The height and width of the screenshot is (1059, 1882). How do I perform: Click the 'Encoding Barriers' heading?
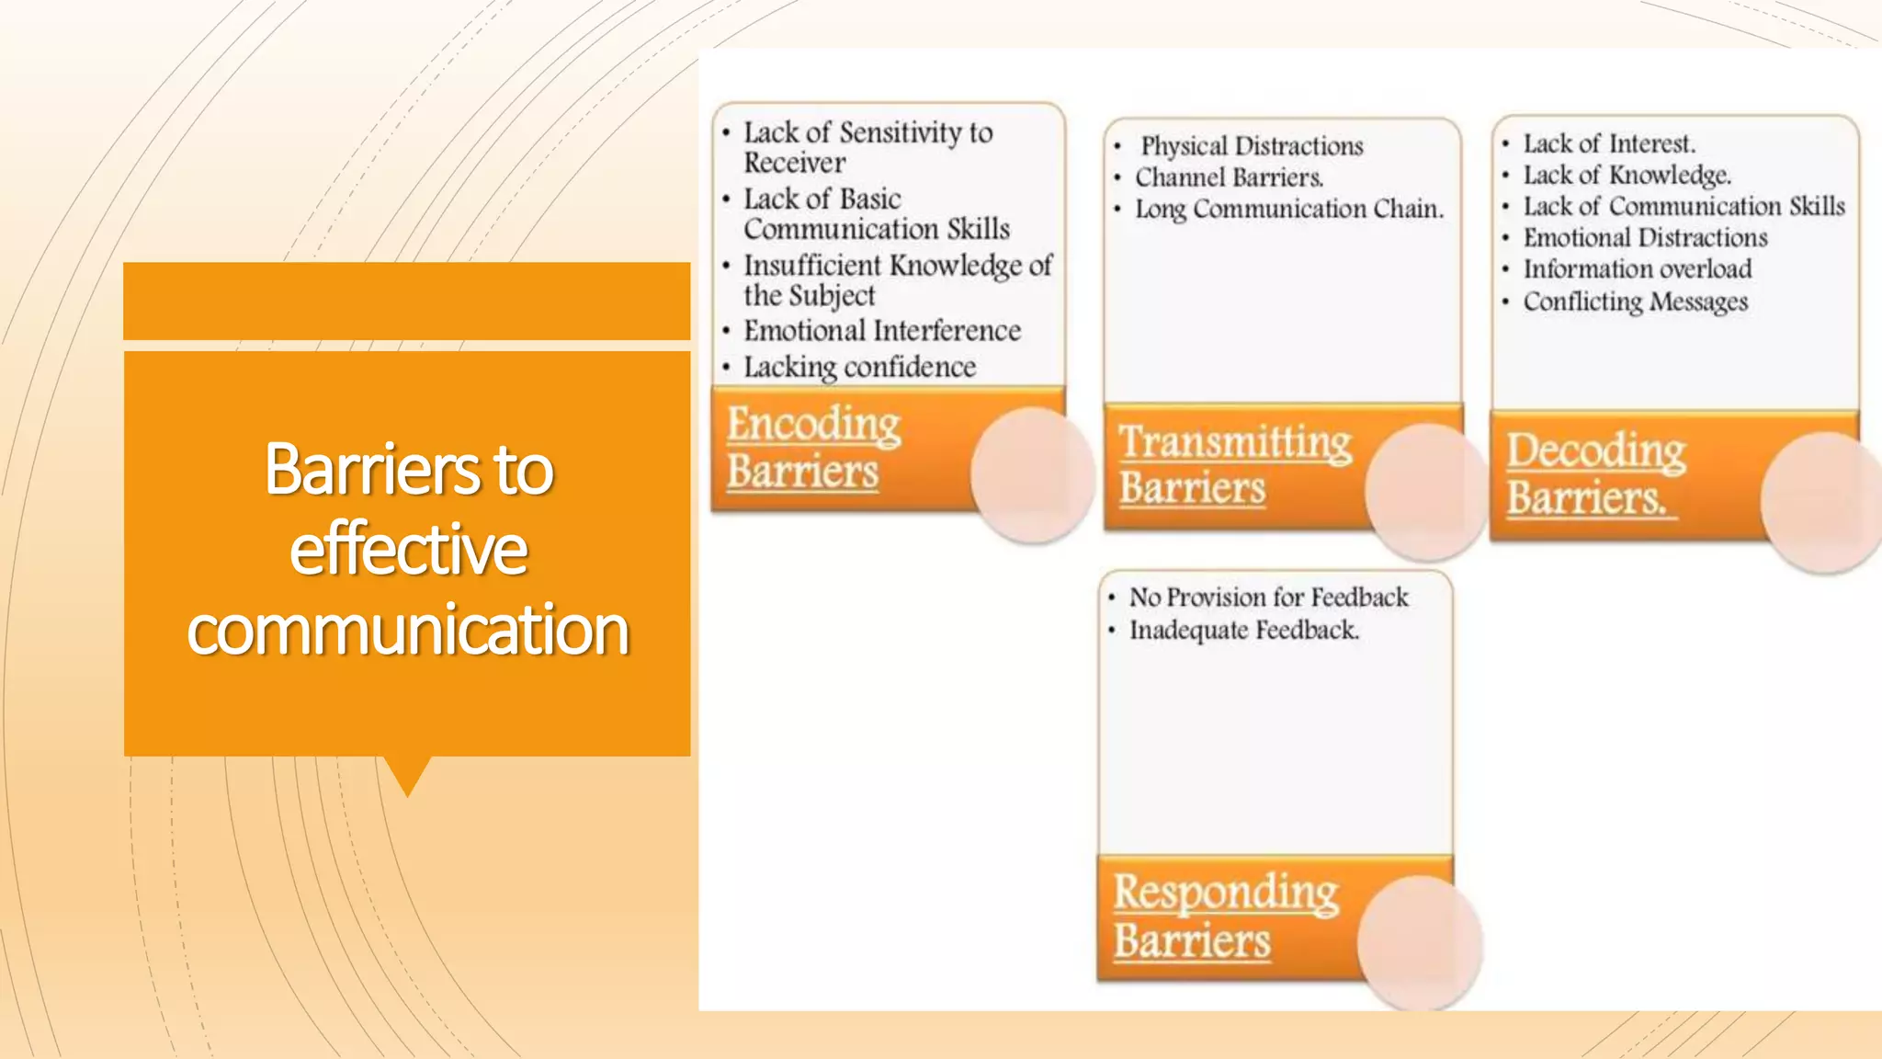813,448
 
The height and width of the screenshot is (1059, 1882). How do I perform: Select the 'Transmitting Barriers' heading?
1234,465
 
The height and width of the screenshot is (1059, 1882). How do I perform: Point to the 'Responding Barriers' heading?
1226,917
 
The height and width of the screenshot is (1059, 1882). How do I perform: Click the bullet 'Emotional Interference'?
881,331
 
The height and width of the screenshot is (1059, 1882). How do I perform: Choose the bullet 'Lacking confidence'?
859,367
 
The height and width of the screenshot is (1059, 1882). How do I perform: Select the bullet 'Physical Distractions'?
1251,146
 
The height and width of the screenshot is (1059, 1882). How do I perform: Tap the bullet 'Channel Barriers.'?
1229,177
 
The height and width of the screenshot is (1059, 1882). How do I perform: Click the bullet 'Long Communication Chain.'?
1288,210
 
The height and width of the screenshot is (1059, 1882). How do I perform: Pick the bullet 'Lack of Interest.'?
1609,144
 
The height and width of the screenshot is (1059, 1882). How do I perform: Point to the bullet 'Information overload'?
1637,269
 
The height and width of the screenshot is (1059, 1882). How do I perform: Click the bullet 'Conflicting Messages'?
1635,302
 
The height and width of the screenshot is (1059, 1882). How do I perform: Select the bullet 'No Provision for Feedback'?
1268,598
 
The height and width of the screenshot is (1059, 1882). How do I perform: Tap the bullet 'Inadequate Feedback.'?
1243,631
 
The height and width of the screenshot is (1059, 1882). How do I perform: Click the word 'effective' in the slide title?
408,550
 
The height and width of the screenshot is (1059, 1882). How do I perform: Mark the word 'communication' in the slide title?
408,631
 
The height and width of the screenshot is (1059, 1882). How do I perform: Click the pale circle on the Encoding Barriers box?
1032,474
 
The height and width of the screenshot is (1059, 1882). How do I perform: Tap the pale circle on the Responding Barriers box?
1419,942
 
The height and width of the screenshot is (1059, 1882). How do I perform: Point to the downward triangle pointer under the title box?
408,774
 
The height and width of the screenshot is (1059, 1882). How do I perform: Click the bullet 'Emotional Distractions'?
1645,238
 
